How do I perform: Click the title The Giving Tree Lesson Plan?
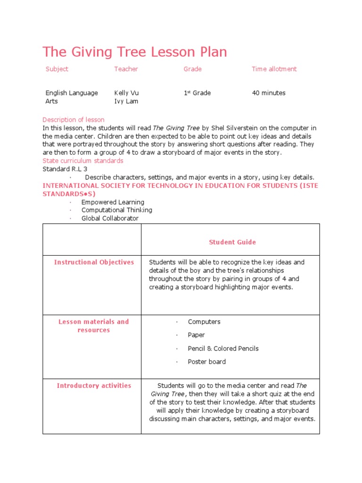[x=135, y=52]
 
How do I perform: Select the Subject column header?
[x=57, y=69]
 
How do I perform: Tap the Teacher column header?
[x=126, y=69]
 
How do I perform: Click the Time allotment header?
[x=274, y=69]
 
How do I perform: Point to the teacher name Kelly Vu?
[x=126, y=93]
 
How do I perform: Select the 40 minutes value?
[x=269, y=93]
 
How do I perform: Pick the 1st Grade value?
[x=197, y=93]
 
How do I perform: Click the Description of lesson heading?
[x=74, y=120]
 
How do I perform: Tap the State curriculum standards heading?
[x=83, y=161]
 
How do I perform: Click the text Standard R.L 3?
[x=65, y=169]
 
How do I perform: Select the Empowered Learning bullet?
[x=113, y=202]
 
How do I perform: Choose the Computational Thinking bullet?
[x=116, y=210]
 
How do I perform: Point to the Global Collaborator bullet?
[x=110, y=218]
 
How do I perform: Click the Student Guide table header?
[x=232, y=242]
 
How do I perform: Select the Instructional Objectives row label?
[x=94, y=262]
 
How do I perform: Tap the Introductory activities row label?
[x=94, y=386]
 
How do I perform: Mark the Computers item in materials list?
[x=204, y=322]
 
